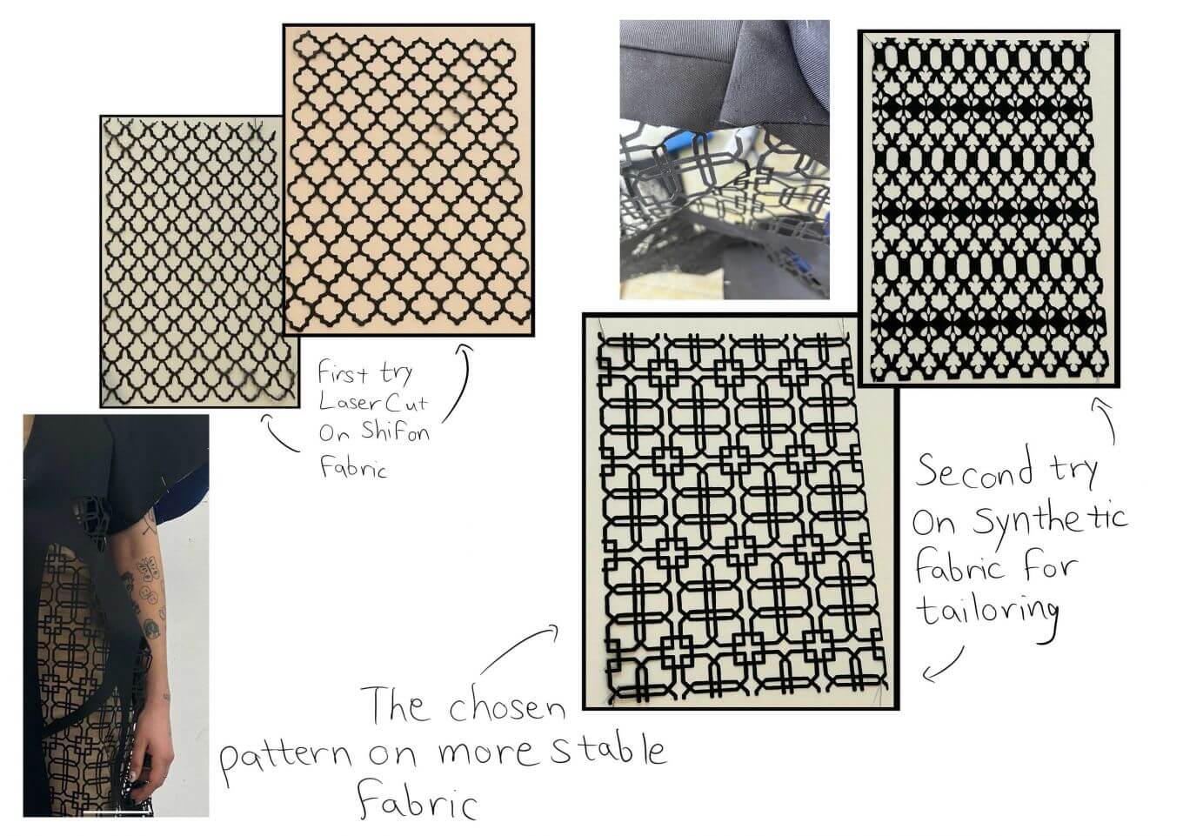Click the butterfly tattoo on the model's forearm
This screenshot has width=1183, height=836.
click(144, 569)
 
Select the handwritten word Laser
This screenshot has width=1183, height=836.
click(348, 403)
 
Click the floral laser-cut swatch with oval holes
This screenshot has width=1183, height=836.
click(988, 208)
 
